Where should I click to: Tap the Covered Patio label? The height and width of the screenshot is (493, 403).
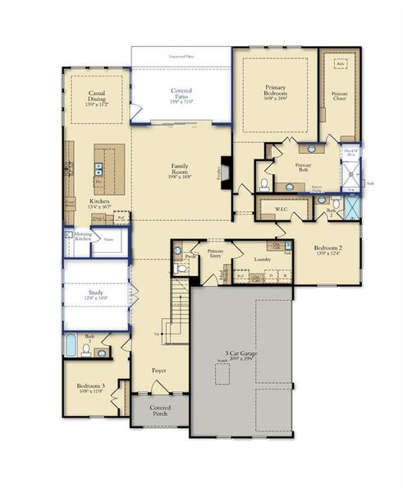click(x=181, y=94)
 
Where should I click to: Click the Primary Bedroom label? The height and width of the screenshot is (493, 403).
click(x=275, y=91)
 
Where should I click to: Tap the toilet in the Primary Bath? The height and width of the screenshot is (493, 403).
click(x=264, y=183)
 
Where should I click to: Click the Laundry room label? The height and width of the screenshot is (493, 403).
click(x=263, y=259)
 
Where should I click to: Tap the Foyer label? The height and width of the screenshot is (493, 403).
click(x=158, y=371)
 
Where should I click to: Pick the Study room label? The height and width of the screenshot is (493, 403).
click(x=95, y=293)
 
